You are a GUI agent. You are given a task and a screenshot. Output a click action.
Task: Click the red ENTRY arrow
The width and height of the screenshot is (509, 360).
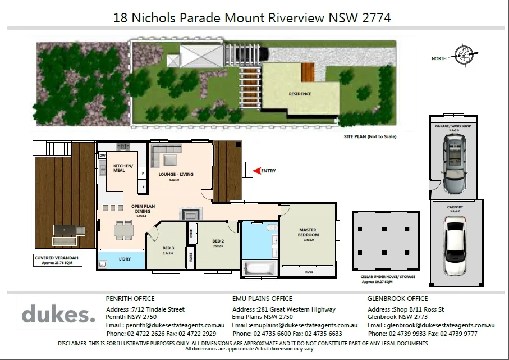257,170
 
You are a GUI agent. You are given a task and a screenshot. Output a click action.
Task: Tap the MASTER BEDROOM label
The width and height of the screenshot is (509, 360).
309,232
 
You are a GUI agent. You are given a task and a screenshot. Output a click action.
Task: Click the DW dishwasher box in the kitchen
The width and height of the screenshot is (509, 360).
103,156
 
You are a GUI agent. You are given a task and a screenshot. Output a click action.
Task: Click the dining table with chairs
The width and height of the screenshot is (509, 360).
125,229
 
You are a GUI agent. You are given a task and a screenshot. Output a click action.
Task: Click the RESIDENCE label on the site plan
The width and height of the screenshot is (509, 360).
300,94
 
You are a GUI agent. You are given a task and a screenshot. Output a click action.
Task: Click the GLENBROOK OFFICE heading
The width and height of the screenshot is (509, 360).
397,299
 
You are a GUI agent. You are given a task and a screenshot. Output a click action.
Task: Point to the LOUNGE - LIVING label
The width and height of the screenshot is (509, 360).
176,174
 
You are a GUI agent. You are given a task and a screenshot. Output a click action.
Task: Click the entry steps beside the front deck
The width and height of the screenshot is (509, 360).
247,170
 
